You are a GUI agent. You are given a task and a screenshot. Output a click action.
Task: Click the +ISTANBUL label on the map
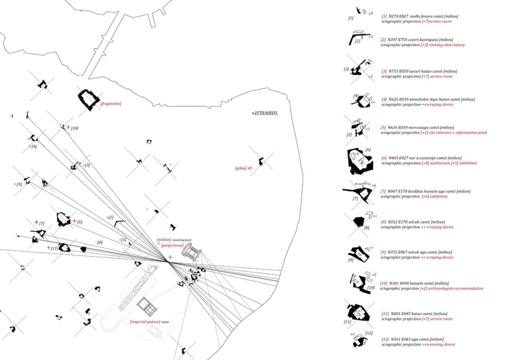(265, 113)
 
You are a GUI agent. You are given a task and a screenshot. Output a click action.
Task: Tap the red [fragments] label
(111, 104)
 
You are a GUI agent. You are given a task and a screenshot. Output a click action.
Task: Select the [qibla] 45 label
(243, 168)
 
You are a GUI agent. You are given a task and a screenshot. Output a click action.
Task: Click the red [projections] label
(172, 245)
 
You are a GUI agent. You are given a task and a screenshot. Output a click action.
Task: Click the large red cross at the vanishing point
(170, 257)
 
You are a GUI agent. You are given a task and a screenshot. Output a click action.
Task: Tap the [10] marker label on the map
(74, 128)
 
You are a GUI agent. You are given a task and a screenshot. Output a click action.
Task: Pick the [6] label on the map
(79, 222)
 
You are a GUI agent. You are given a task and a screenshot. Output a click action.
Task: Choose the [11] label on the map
(54, 248)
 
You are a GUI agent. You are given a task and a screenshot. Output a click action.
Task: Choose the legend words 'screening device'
(441, 345)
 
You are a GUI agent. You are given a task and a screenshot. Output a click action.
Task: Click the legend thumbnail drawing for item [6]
(359, 161)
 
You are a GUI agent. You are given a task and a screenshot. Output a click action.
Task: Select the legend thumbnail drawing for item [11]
(358, 313)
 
